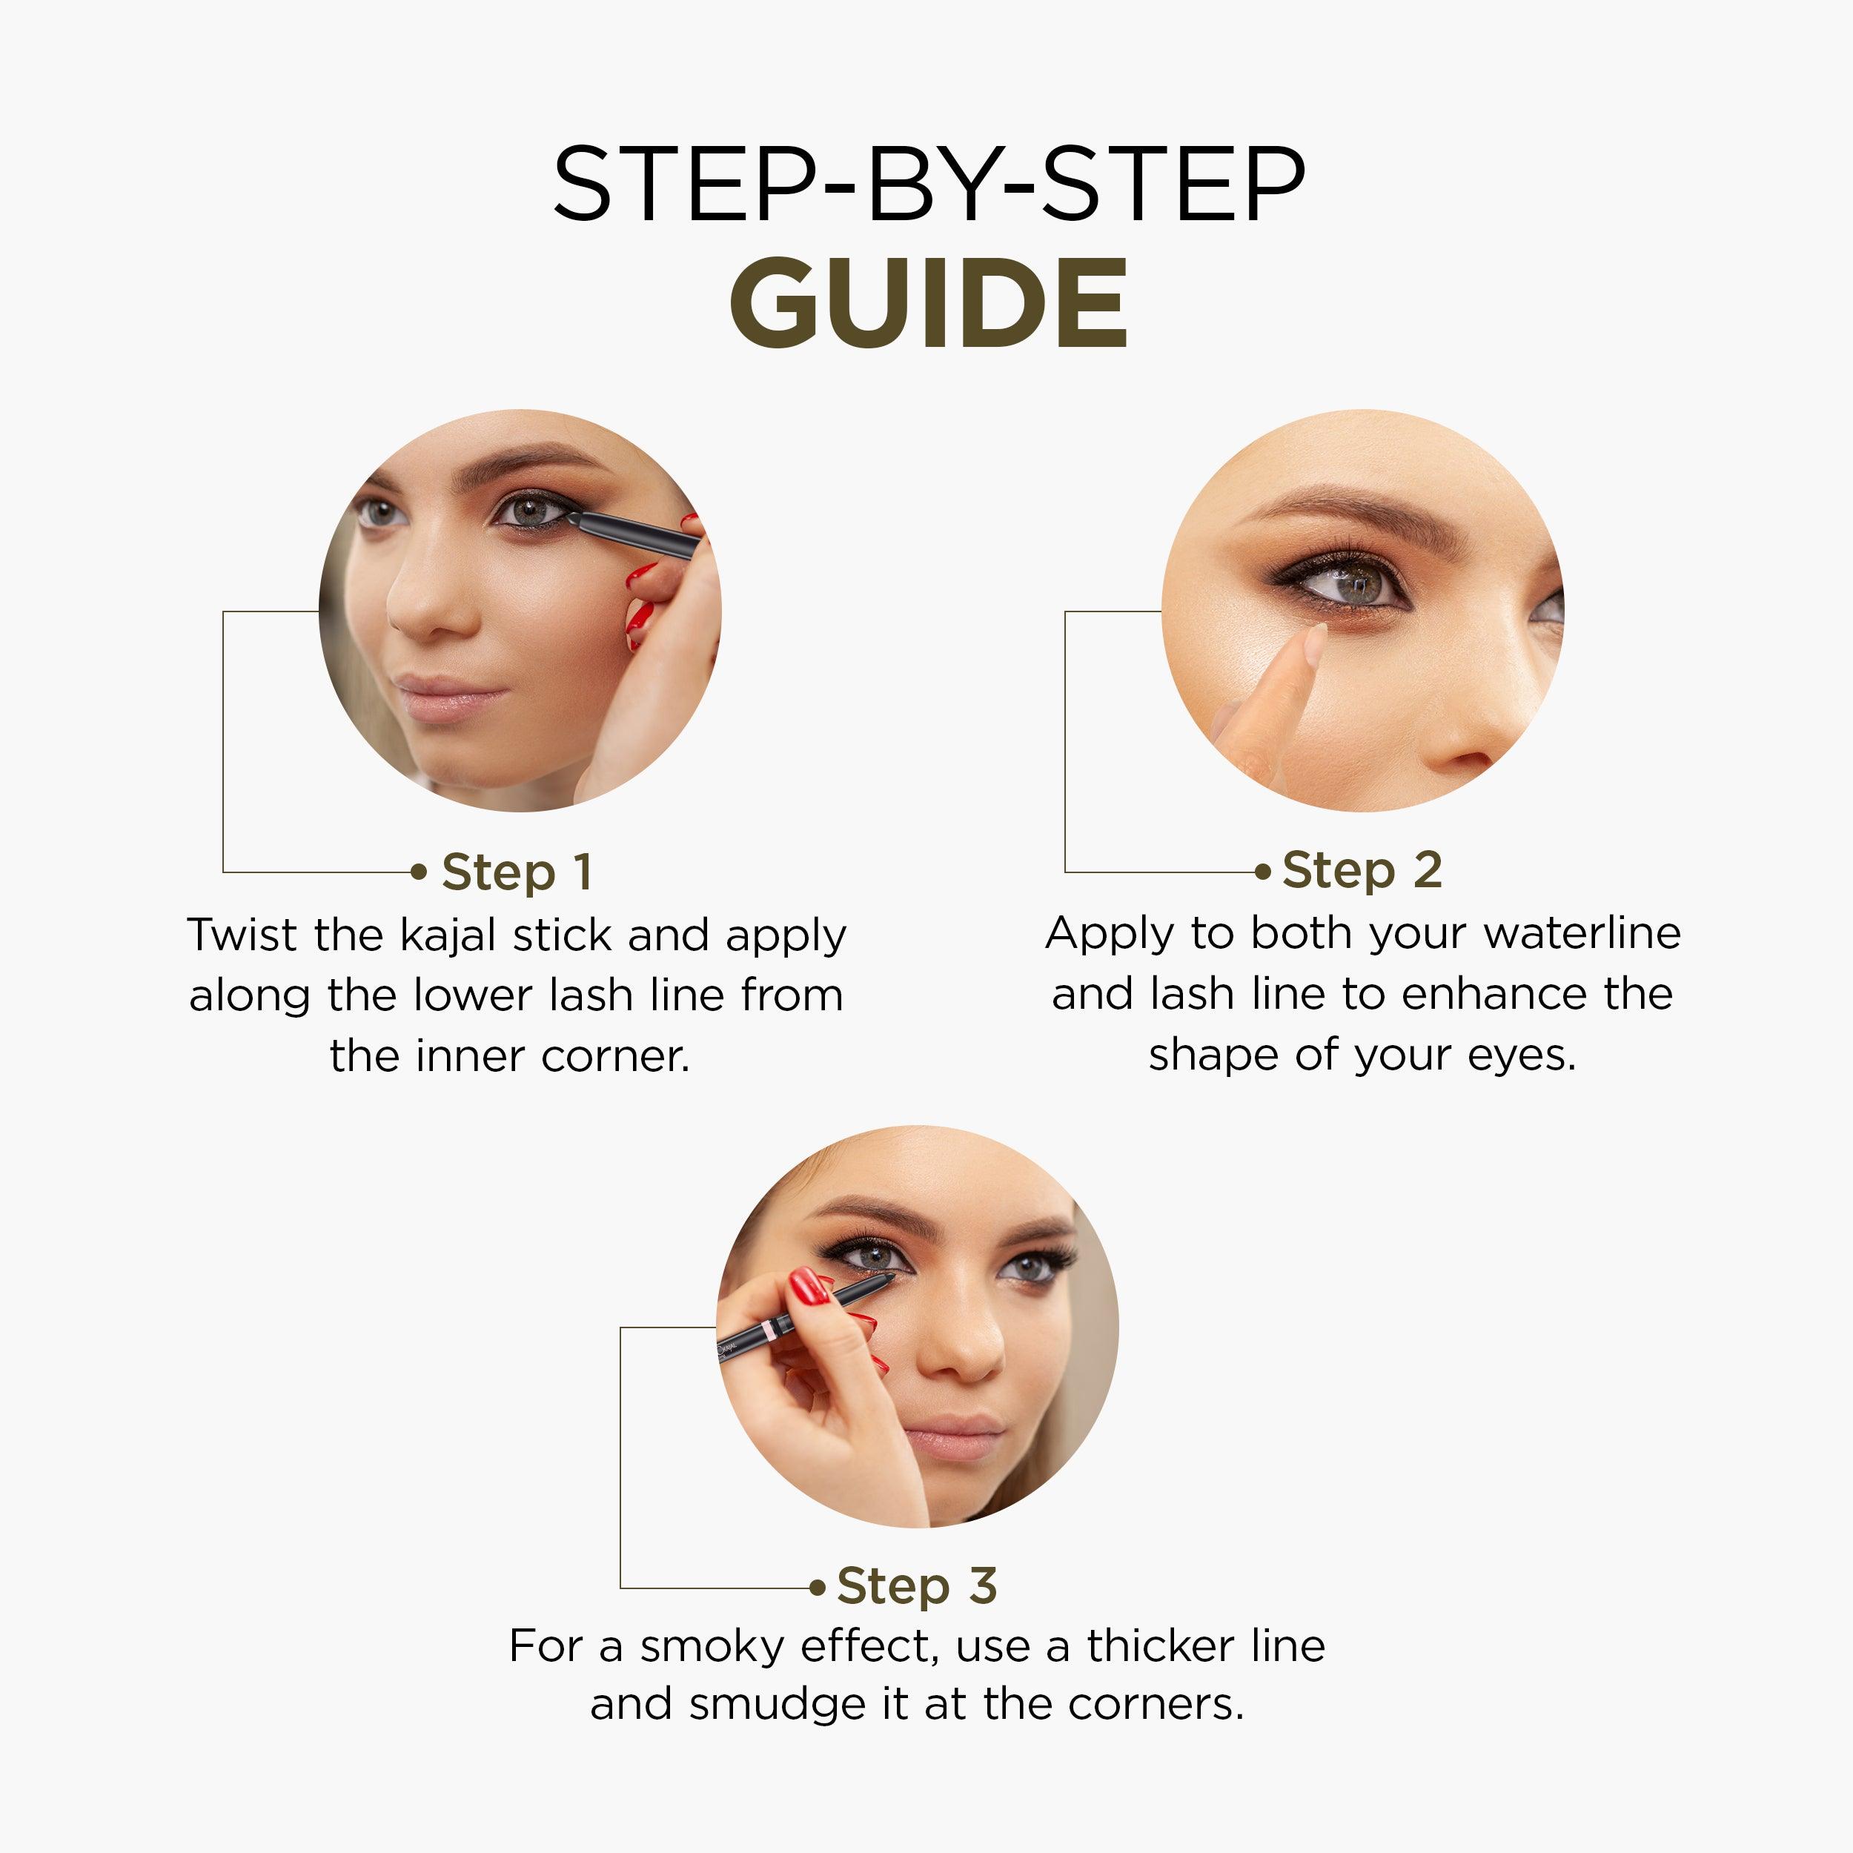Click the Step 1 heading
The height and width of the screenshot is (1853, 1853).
(516, 872)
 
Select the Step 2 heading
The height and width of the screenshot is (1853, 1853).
(1362, 870)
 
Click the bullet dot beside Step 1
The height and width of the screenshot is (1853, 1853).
(418, 872)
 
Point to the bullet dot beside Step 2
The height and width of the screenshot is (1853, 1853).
(1263, 872)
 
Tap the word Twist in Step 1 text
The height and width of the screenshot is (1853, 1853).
(242, 935)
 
